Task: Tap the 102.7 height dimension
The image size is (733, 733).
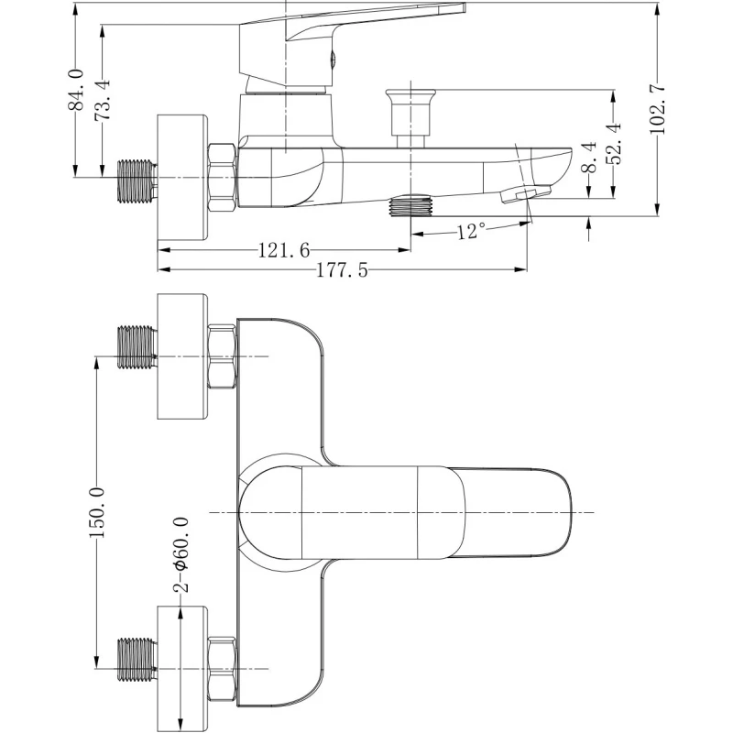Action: point(657,109)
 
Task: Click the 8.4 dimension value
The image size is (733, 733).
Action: point(589,157)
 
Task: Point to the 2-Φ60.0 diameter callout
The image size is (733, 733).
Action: point(182,553)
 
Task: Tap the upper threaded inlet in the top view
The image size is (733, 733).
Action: point(137,346)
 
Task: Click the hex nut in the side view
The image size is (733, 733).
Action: point(223,177)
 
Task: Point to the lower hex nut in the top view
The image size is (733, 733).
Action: point(223,669)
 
